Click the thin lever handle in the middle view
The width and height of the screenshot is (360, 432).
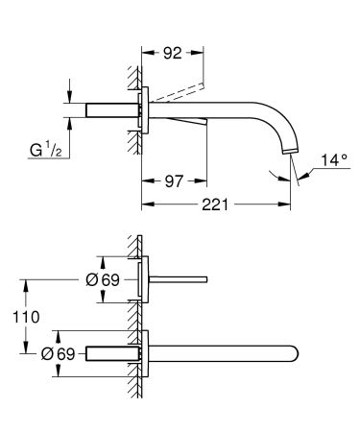[177, 278]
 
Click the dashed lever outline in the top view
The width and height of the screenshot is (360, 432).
[178, 89]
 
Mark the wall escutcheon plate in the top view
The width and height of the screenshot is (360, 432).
[144, 109]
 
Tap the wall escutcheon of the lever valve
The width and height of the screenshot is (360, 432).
[144, 278]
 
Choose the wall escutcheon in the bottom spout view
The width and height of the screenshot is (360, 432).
[144, 351]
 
